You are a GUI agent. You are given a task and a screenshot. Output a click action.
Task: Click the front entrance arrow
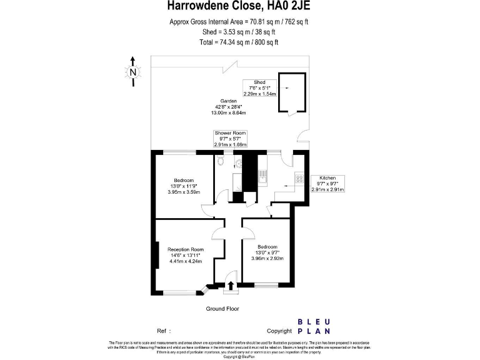point(231,286)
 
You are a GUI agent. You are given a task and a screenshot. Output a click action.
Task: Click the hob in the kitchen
point(299,178)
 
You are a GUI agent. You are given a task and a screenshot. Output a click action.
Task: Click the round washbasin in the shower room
point(239,163)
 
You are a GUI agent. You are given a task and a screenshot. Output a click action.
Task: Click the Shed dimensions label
point(259,87)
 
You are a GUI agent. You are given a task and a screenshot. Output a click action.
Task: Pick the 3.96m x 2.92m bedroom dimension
point(267,258)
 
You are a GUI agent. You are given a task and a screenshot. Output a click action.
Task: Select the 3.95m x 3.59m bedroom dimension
point(184,192)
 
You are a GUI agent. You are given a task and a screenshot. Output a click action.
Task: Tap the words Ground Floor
point(222,309)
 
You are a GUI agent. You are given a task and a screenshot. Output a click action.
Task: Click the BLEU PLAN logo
point(314,326)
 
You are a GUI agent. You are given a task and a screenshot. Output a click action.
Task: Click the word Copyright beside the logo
point(279,331)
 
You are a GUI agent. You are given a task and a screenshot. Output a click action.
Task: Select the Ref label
point(161,331)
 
